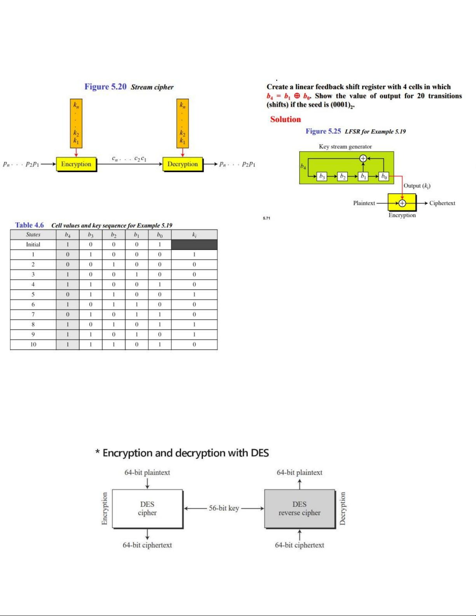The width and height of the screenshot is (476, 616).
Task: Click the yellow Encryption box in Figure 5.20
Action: pos(76,164)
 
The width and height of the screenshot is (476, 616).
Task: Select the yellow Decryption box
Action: pos(183,164)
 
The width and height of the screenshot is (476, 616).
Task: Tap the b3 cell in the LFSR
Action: pos(322,176)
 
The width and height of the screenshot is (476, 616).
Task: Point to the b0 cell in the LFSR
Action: pos(384,176)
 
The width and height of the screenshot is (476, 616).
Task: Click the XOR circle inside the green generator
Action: pos(363,158)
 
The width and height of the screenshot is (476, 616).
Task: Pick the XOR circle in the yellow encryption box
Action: pos(402,203)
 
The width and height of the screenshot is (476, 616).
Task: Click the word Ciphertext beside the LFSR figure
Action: pos(442,203)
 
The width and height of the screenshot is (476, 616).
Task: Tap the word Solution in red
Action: pos(286,119)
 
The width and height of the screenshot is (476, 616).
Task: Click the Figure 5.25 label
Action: pos(323,131)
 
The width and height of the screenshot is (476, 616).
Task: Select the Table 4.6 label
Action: pos(30,225)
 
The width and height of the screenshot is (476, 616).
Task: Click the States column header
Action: pos(33,234)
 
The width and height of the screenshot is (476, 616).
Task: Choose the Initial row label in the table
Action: pos(33,244)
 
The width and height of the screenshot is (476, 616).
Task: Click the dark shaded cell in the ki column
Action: pos(194,244)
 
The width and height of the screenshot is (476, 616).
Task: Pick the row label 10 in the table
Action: pos(33,344)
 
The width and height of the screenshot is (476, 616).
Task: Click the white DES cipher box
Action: pos(147,508)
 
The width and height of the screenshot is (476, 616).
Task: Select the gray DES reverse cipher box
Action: pos(300,508)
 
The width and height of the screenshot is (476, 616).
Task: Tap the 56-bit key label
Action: pos(224,508)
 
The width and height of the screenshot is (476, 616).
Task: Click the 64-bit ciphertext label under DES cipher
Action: pos(147,545)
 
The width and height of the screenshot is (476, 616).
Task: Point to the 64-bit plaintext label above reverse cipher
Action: pos(300,473)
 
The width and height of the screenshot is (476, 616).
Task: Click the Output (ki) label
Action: pos(417,186)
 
